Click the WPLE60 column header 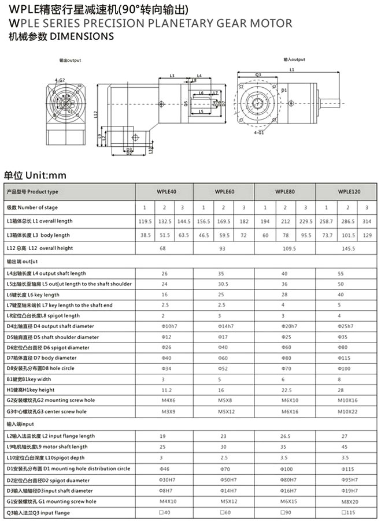224,192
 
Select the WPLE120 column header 349,192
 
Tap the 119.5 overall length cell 145,221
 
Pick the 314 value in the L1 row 366,221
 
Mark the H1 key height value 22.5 284,390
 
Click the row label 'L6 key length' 33,295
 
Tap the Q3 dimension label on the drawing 258,75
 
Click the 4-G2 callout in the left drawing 60,80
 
